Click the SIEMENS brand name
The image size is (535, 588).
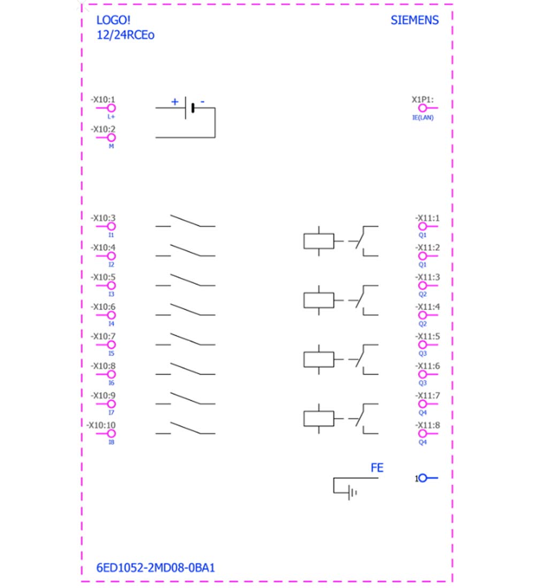[415, 20]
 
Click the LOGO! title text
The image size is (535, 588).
[113, 20]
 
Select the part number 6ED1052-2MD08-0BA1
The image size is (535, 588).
[156, 568]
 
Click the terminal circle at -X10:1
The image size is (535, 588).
[111, 108]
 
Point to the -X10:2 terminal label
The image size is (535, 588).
[103, 129]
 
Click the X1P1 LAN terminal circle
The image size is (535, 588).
[422, 108]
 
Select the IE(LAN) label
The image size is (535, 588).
[423, 118]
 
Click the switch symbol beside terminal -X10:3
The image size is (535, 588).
[186, 221]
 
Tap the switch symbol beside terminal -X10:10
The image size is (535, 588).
[186, 428]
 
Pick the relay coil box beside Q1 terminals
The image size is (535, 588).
[319, 241]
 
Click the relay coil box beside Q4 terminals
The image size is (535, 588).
[319, 419]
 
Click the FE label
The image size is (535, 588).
[377, 468]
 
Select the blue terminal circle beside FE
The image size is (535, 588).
[423, 478]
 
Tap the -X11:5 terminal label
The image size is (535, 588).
[427, 336]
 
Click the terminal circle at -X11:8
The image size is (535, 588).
[422, 434]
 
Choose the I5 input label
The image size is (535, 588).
[111, 354]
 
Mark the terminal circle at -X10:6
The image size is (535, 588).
[111, 315]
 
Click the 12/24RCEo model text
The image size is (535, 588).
[125, 35]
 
